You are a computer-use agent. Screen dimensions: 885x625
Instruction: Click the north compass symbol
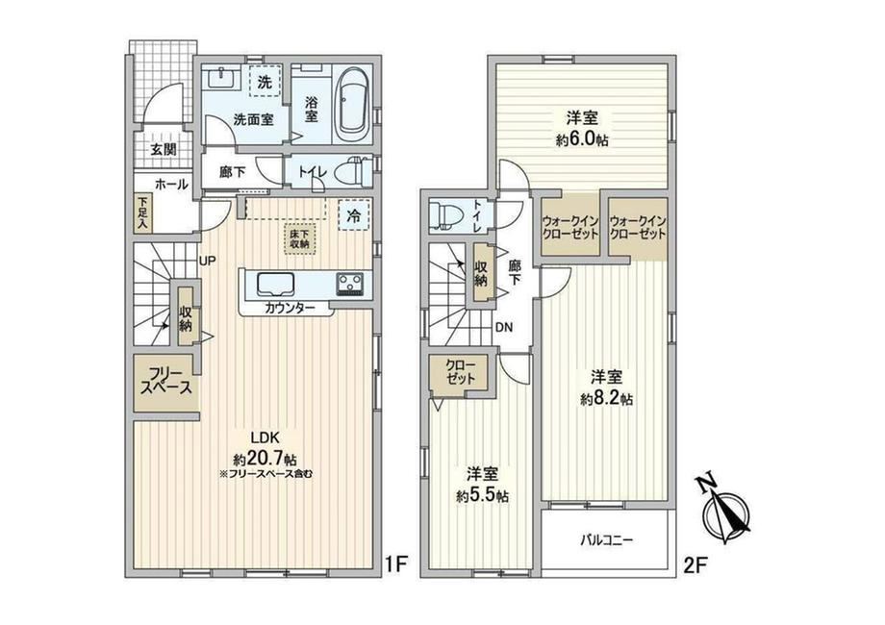pos(727,512)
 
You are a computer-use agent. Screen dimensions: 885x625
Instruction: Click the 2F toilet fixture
pos(446,216)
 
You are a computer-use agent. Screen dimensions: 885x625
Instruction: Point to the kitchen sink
pos(276,285)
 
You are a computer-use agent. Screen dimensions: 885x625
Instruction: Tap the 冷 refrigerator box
pos(353,215)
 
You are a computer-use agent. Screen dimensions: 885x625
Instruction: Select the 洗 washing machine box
pos(265,83)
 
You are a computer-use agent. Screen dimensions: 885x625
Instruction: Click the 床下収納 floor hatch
pos(300,239)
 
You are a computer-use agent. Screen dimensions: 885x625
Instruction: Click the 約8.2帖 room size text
pos(607,398)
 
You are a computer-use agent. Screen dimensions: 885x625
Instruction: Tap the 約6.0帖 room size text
pos(583,139)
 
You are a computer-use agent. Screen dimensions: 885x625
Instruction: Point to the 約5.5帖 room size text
pos(483,495)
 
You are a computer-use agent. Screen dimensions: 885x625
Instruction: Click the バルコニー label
pos(607,540)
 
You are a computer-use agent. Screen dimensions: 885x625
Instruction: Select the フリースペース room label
pos(166,381)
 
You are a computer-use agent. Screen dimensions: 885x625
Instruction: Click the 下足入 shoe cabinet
pos(142,212)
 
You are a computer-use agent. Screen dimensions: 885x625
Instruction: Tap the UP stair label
pos(207,260)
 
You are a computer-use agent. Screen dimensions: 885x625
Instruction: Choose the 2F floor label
pos(695,564)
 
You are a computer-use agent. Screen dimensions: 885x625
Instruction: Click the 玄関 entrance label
pos(164,149)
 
